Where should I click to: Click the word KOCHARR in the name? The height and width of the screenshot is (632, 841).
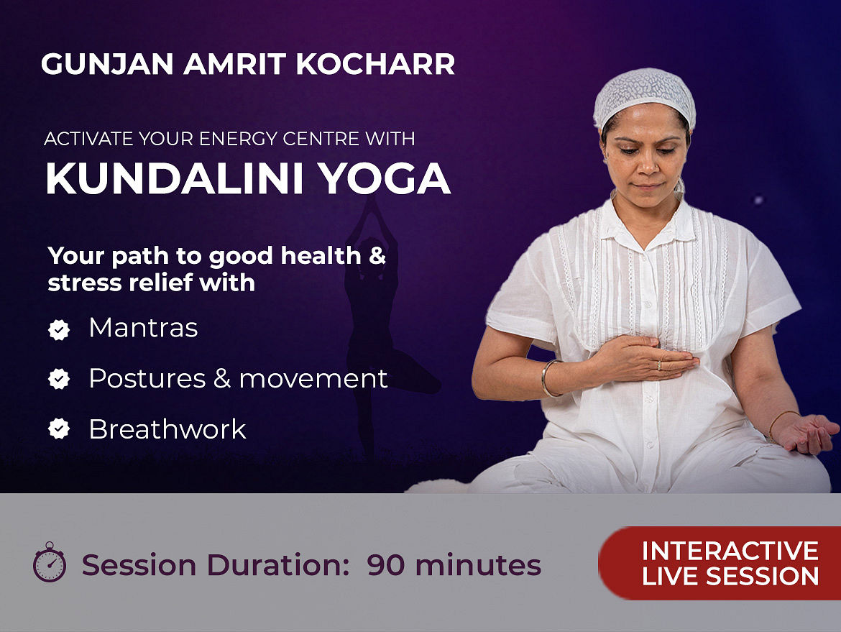tap(375, 64)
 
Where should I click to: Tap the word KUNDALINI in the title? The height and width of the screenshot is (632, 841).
tap(175, 178)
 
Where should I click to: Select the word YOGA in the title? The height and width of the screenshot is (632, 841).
tap(385, 178)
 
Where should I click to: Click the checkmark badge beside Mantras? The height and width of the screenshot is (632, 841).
tap(59, 329)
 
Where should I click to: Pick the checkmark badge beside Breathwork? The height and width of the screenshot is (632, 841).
tap(59, 429)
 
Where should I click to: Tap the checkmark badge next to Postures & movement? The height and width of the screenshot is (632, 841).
tap(59, 379)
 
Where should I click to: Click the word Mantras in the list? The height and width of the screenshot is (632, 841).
tap(143, 327)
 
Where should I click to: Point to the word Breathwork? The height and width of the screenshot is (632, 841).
tap(167, 429)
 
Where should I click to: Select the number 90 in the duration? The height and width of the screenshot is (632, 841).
tap(386, 565)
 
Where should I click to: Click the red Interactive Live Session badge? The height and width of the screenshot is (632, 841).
tap(720, 563)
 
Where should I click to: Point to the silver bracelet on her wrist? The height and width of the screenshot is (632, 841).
tap(548, 378)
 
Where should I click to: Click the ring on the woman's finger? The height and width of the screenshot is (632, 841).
tap(660, 365)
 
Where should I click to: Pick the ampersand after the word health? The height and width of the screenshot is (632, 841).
tap(377, 256)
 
